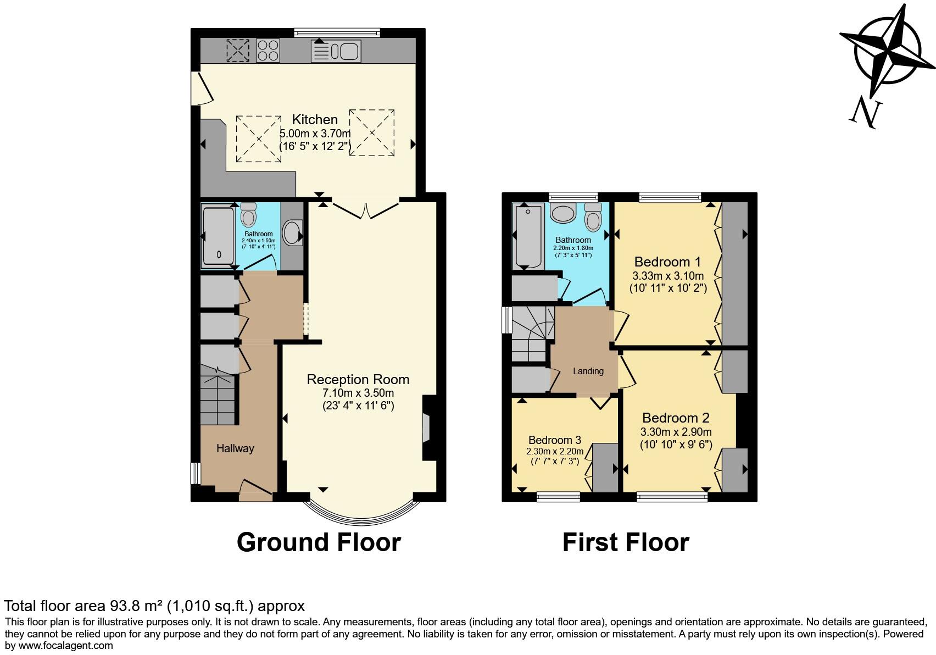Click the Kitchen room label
coord(314,119)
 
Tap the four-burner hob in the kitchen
coord(268,50)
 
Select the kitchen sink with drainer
coord(336,51)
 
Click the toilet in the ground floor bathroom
coord(249,215)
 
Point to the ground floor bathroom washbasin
coord(293,232)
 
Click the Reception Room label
coord(358,379)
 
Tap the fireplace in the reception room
coord(427,428)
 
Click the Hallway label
coord(235,448)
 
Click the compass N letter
coord(866,113)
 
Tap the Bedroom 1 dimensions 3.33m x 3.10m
coord(668,276)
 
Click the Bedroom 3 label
coord(554,440)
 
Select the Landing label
coord(588,371)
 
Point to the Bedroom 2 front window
coord(672,497)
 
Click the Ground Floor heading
coord(319,542)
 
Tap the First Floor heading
coord(625,542)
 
